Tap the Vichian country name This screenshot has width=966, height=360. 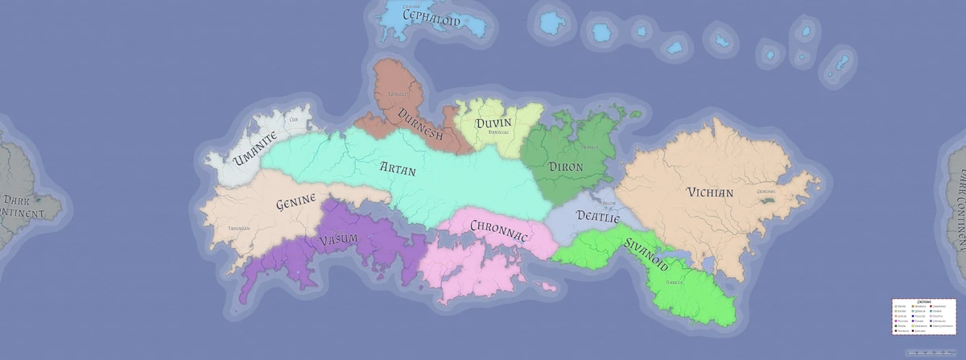click(710, 192)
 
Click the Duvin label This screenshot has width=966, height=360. click(493, 123)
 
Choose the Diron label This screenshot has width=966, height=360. click(566, 167)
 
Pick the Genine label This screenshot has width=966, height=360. click(295, 205)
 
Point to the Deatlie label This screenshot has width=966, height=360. click(598, 217)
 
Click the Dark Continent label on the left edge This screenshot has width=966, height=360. click(22, 207)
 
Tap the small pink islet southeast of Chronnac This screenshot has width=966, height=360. click(550, 287)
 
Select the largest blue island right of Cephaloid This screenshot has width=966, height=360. click(553, 23)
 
